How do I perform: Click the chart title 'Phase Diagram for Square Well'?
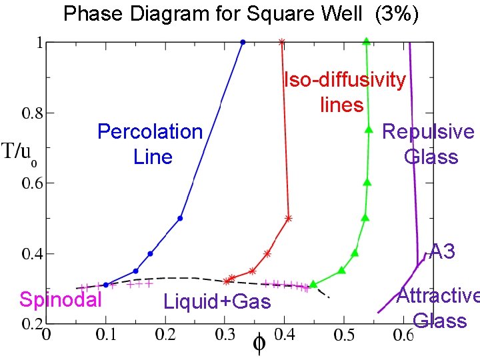(x=213, y=14)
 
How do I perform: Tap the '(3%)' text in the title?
(x=397, y=14)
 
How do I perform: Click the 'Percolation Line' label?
(x=150, y=144)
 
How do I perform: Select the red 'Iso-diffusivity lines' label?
(x=344, y=92)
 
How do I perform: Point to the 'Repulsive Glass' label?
(x=429, y=144)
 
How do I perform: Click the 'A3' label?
(x=442, y=251)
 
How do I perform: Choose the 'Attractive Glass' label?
(x=438, y=307)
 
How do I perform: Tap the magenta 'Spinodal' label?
(x=61, y=300)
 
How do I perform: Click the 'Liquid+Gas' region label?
(x=217, y=302)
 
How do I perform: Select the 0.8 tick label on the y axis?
(x=32, y=113)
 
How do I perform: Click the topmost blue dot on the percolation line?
(x=243, y=42)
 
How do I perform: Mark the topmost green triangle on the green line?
(x=366, y=41)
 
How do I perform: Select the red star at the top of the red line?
(x=282, y=42)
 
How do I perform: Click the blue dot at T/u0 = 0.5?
(x=181, y=218)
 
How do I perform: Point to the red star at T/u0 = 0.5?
(x=288, y=218)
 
